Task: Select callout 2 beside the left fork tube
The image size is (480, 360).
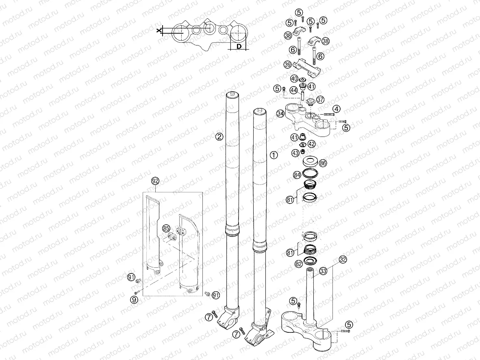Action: point(219,137)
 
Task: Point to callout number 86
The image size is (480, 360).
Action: point(323,163)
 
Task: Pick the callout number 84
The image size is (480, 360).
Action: point(297,175)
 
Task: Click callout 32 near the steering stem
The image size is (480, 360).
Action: point(343,259)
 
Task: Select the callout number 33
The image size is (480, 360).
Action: point(323,270)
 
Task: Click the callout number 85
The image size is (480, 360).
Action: point(166,228)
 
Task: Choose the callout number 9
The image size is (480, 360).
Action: point(133,300)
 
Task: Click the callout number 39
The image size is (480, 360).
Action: point(287,65)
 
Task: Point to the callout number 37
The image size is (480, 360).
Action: point(320,99)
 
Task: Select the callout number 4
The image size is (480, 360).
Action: point(337,108)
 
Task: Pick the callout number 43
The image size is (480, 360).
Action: point(295,153)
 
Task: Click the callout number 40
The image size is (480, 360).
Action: point(294,78)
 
